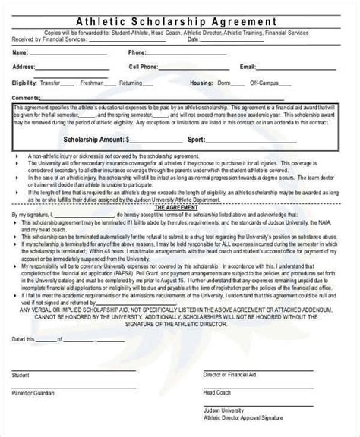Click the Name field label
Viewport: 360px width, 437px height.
pos(21,53)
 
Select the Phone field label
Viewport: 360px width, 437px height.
pos(137,53)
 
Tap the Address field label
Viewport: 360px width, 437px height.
pos(24,67)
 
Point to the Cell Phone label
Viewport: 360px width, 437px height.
pos(144,67)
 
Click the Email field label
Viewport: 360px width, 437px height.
pos(248,67)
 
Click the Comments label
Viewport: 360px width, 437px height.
pos(27,98)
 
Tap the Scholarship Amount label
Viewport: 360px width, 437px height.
pos(98,140)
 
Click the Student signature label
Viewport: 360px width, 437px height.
pos(21,375)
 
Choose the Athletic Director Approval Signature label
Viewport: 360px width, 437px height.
pos(243,417)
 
